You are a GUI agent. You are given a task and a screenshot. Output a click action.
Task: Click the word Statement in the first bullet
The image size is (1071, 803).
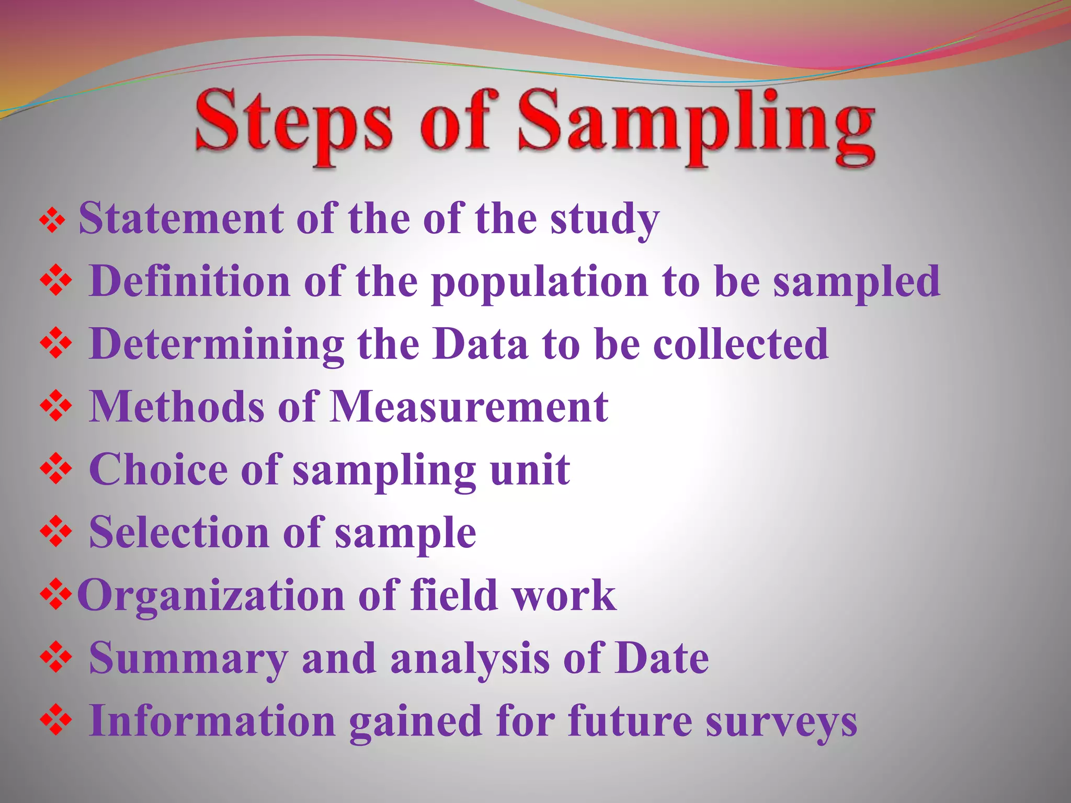click(x=181, y=218)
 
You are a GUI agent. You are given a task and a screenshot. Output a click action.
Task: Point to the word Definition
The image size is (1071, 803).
click(x=189, y=281)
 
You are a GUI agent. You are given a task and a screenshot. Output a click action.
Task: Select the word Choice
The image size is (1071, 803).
click(x=158, y=469)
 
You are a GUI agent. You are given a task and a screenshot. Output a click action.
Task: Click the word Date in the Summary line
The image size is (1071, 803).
click(x=662, y=658)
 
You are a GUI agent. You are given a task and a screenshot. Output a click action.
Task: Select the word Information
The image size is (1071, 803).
click(x=212, y=721)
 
